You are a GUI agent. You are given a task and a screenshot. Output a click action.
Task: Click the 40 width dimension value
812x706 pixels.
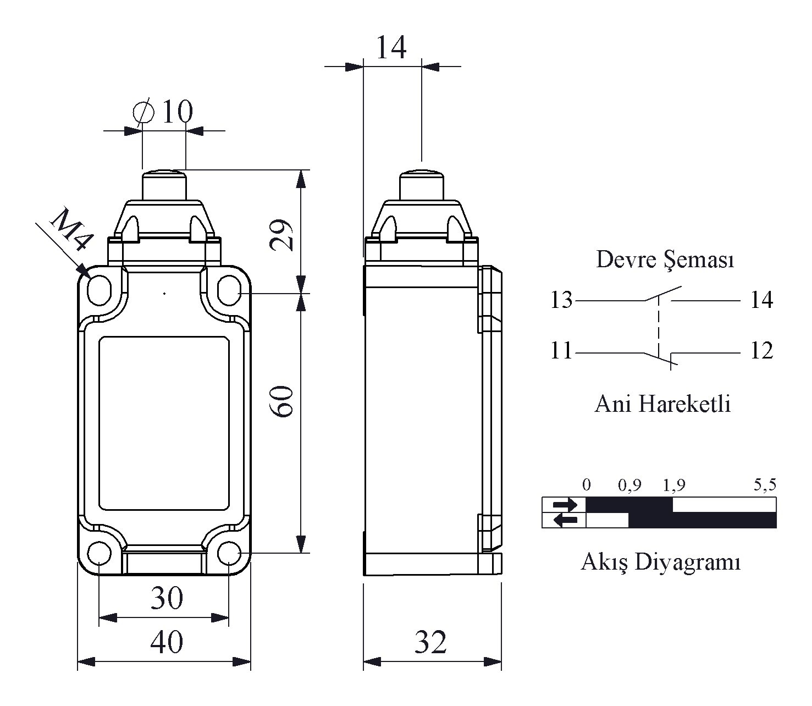pos(166,642)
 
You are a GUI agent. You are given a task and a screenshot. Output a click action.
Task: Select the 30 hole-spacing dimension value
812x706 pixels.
pos(166,598)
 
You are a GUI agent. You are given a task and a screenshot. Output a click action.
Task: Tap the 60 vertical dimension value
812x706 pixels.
pos(284,401)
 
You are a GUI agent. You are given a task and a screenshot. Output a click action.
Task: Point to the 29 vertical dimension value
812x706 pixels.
pos(284,235)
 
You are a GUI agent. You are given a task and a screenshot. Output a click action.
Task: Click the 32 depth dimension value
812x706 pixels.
pos(430,642)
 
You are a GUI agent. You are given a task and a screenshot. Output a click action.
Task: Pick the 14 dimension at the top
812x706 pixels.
pos(391,47)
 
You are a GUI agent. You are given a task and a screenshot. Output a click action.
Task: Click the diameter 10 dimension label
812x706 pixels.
pos(164,112)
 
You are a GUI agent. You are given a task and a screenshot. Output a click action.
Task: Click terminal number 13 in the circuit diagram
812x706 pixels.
pos(561,300)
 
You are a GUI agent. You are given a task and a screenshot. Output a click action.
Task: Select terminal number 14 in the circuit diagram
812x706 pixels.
pos(761,300)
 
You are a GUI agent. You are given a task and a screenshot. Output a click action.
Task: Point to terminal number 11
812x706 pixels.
pos(561,351)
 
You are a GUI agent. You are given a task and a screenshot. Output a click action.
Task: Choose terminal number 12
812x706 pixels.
pos(761,351)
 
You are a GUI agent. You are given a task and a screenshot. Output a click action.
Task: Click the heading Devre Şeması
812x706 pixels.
pos(665,260)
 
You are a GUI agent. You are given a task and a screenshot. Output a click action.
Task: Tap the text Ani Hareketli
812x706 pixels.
pos(662,404)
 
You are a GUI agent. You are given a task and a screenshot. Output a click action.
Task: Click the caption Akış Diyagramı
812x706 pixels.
pos(660,562)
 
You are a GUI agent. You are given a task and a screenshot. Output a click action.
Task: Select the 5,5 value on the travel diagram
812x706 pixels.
pos(764,484)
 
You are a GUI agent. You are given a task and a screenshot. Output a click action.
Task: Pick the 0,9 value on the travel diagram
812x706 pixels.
pos(629,484)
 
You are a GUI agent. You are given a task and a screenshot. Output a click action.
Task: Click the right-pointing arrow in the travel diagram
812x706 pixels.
pos(565,504)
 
